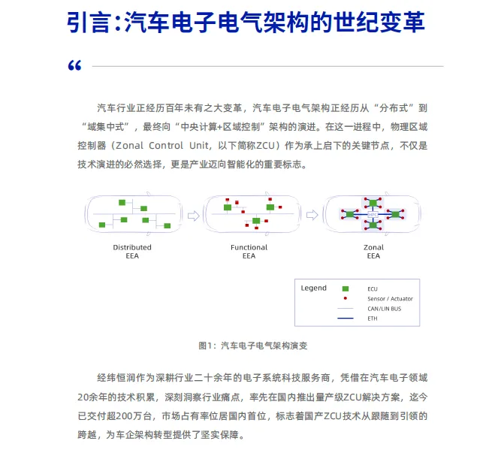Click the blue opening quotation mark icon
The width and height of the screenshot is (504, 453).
tap(74, 67)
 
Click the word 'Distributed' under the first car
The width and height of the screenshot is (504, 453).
tap(132, 247)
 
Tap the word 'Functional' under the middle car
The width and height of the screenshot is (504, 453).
tap(249, 247)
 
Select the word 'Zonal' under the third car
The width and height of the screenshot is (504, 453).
tap(373, 247)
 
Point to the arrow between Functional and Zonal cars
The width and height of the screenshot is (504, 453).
tap(310, 216)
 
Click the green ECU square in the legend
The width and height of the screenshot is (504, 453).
tap(346, 288)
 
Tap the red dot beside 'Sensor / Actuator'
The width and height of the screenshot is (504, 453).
tap(346, 298)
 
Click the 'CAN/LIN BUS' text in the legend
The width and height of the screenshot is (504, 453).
tap(384, 308)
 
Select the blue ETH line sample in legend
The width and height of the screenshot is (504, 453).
tap(346, 318)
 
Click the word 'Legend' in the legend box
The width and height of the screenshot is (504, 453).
tap(314, 288)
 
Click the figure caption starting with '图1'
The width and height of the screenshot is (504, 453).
tap(253, 346)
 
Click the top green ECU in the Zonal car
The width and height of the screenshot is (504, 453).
tap(372, 203)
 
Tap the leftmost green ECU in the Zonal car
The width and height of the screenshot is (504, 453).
tap(349, 215)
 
